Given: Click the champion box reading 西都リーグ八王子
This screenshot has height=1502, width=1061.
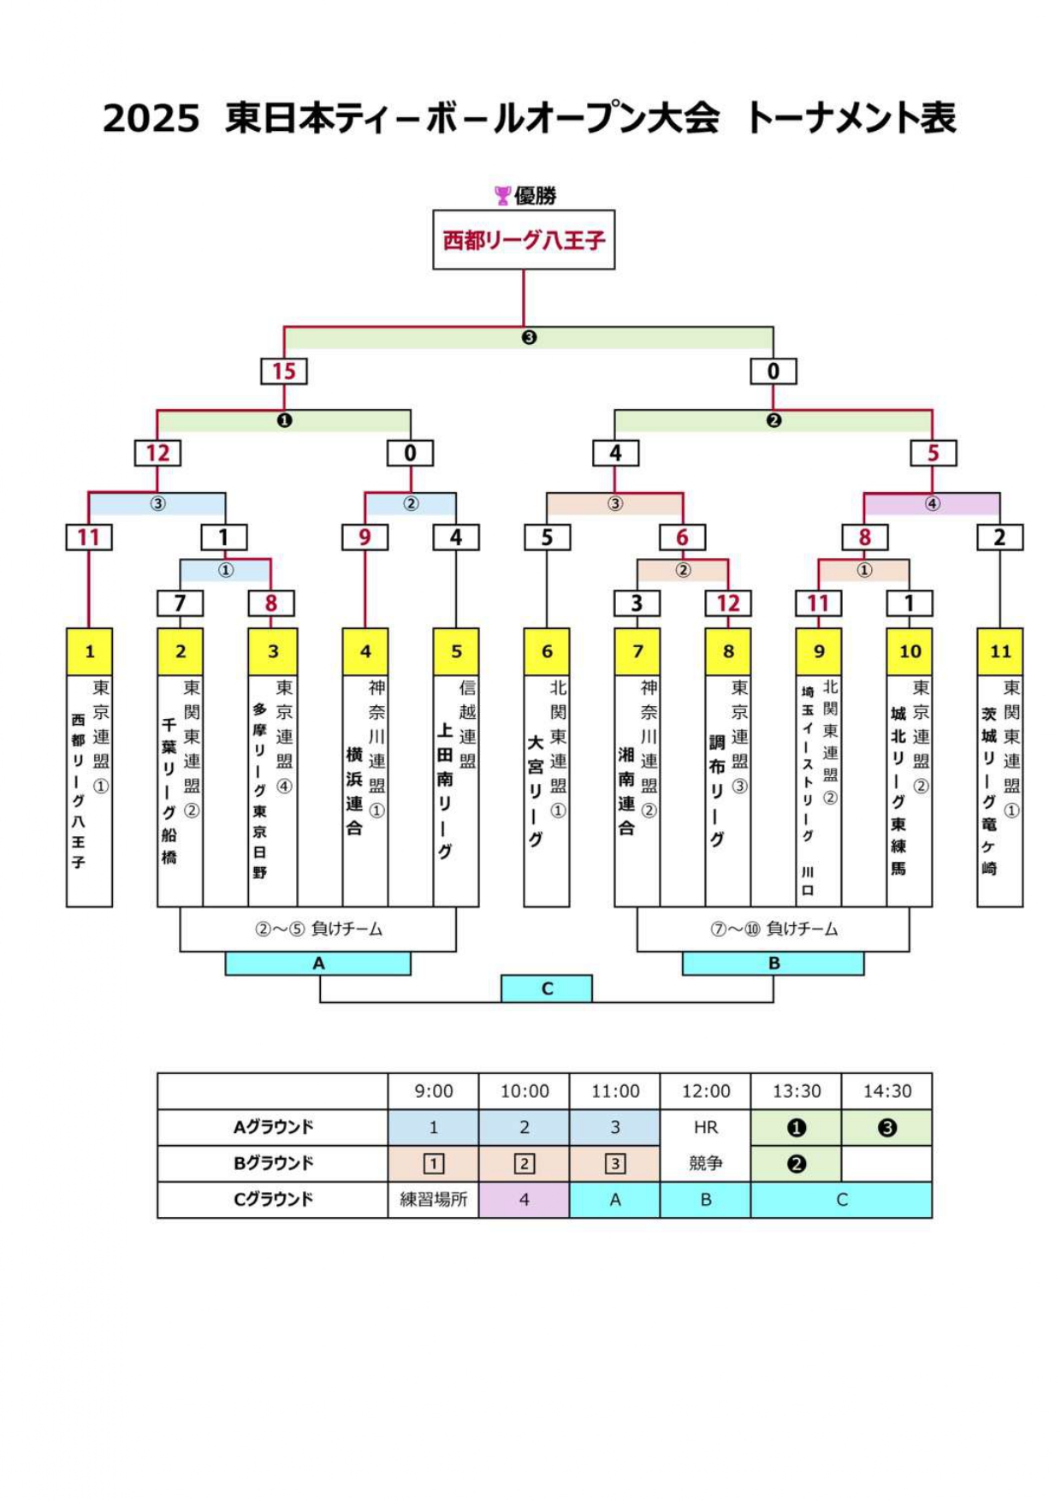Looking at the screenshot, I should pos(524,240).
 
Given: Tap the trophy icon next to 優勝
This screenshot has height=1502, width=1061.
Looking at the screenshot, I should pos(502,196).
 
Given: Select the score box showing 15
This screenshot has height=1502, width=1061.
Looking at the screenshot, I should pos(284,371).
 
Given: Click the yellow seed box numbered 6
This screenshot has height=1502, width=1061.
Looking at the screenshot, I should pos(547,651).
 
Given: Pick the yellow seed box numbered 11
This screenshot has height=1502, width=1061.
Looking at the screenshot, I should pos(999,651).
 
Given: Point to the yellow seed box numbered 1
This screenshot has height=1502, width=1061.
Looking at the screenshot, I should pos(89,651).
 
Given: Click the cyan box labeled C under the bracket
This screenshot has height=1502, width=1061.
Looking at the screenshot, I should pos(547,988).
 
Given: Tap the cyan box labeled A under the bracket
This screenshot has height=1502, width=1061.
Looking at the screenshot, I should pos(318,964).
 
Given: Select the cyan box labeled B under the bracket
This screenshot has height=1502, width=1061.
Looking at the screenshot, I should pos(773,964).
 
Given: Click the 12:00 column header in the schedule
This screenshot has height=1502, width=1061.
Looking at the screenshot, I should pos(705,1091).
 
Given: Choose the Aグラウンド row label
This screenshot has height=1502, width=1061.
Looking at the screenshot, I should pos(273,1127).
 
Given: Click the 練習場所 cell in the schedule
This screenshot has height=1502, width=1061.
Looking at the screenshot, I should pos(433,1200).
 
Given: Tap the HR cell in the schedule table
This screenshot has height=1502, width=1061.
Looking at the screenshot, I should pos(705,1127).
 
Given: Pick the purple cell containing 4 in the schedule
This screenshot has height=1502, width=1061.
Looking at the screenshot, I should pos(524,1200).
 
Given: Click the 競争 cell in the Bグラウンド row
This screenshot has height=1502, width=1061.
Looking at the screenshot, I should pos(705,1163).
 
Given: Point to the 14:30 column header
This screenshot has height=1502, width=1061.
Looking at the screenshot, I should pos(886,1091).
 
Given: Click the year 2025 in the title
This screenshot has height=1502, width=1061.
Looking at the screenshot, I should pos(151,118).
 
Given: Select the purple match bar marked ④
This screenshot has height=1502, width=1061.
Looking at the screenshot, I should pos(932,504).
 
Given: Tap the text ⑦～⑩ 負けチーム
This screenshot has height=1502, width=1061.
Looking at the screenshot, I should pos(774,929).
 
